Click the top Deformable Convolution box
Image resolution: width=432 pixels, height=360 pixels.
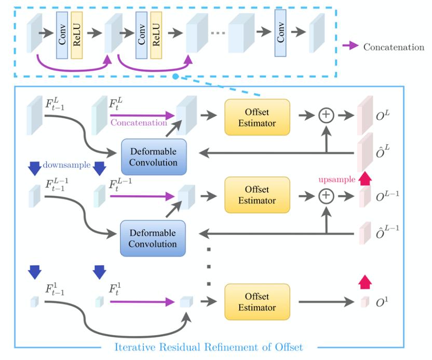[x=153, y=156]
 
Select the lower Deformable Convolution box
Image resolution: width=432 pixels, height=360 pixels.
[x=153, y=238]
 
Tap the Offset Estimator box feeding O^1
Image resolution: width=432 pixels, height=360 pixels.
[x=254, y=301]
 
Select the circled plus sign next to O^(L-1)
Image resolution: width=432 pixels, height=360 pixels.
[x=326, y=196]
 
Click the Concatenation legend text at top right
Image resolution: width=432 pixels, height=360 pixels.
[x=394, y=47]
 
